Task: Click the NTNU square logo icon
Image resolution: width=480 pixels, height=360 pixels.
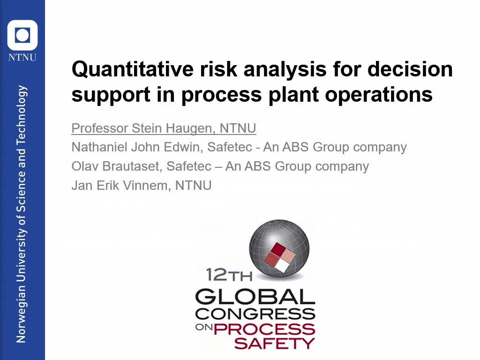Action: [22, 35]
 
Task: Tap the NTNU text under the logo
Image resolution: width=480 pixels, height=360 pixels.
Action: [22, 58]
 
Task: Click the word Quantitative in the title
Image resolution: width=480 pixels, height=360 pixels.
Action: [133, 69]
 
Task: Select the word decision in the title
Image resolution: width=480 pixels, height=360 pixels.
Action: [410, 69]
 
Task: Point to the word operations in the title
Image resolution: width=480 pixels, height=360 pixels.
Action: [379, 95]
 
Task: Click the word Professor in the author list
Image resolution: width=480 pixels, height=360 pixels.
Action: [100, 128]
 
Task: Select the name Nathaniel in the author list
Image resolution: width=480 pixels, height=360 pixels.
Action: [99, 147]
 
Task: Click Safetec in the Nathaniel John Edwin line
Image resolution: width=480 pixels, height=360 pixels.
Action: [230, 147]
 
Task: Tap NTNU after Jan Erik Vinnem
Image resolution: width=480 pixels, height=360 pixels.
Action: [193, 186]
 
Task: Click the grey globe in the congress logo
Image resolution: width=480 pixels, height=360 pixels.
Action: [279, 248]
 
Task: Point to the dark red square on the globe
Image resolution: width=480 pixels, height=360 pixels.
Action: [278, 249]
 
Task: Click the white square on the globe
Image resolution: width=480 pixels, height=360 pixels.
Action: [282, 266]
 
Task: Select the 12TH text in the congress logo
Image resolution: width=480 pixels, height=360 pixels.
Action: [229, 275]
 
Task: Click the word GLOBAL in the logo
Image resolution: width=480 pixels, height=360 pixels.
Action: [255, 296]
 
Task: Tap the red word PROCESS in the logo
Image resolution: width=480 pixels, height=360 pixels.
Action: [264, 329]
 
